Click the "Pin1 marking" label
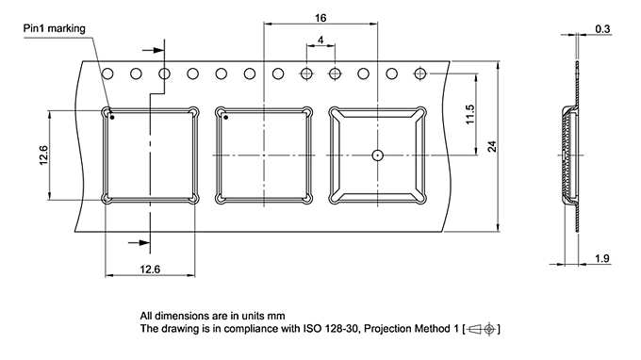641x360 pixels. click(x=55, y=28)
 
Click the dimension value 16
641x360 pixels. click(x=320, y=18)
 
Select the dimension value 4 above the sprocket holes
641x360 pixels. click(x=320, y=40)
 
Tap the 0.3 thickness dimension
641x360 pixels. click(x=602, y=29)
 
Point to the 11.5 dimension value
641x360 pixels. click(x=469, y=114)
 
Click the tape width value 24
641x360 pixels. click(x=492, y=146)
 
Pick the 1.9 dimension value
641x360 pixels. click(x=602, y=258)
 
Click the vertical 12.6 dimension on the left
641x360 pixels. click(x=43, y=155)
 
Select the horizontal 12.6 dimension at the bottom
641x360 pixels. click(x=150, y=270)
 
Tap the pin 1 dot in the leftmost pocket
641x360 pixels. click(x=112, y=118)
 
